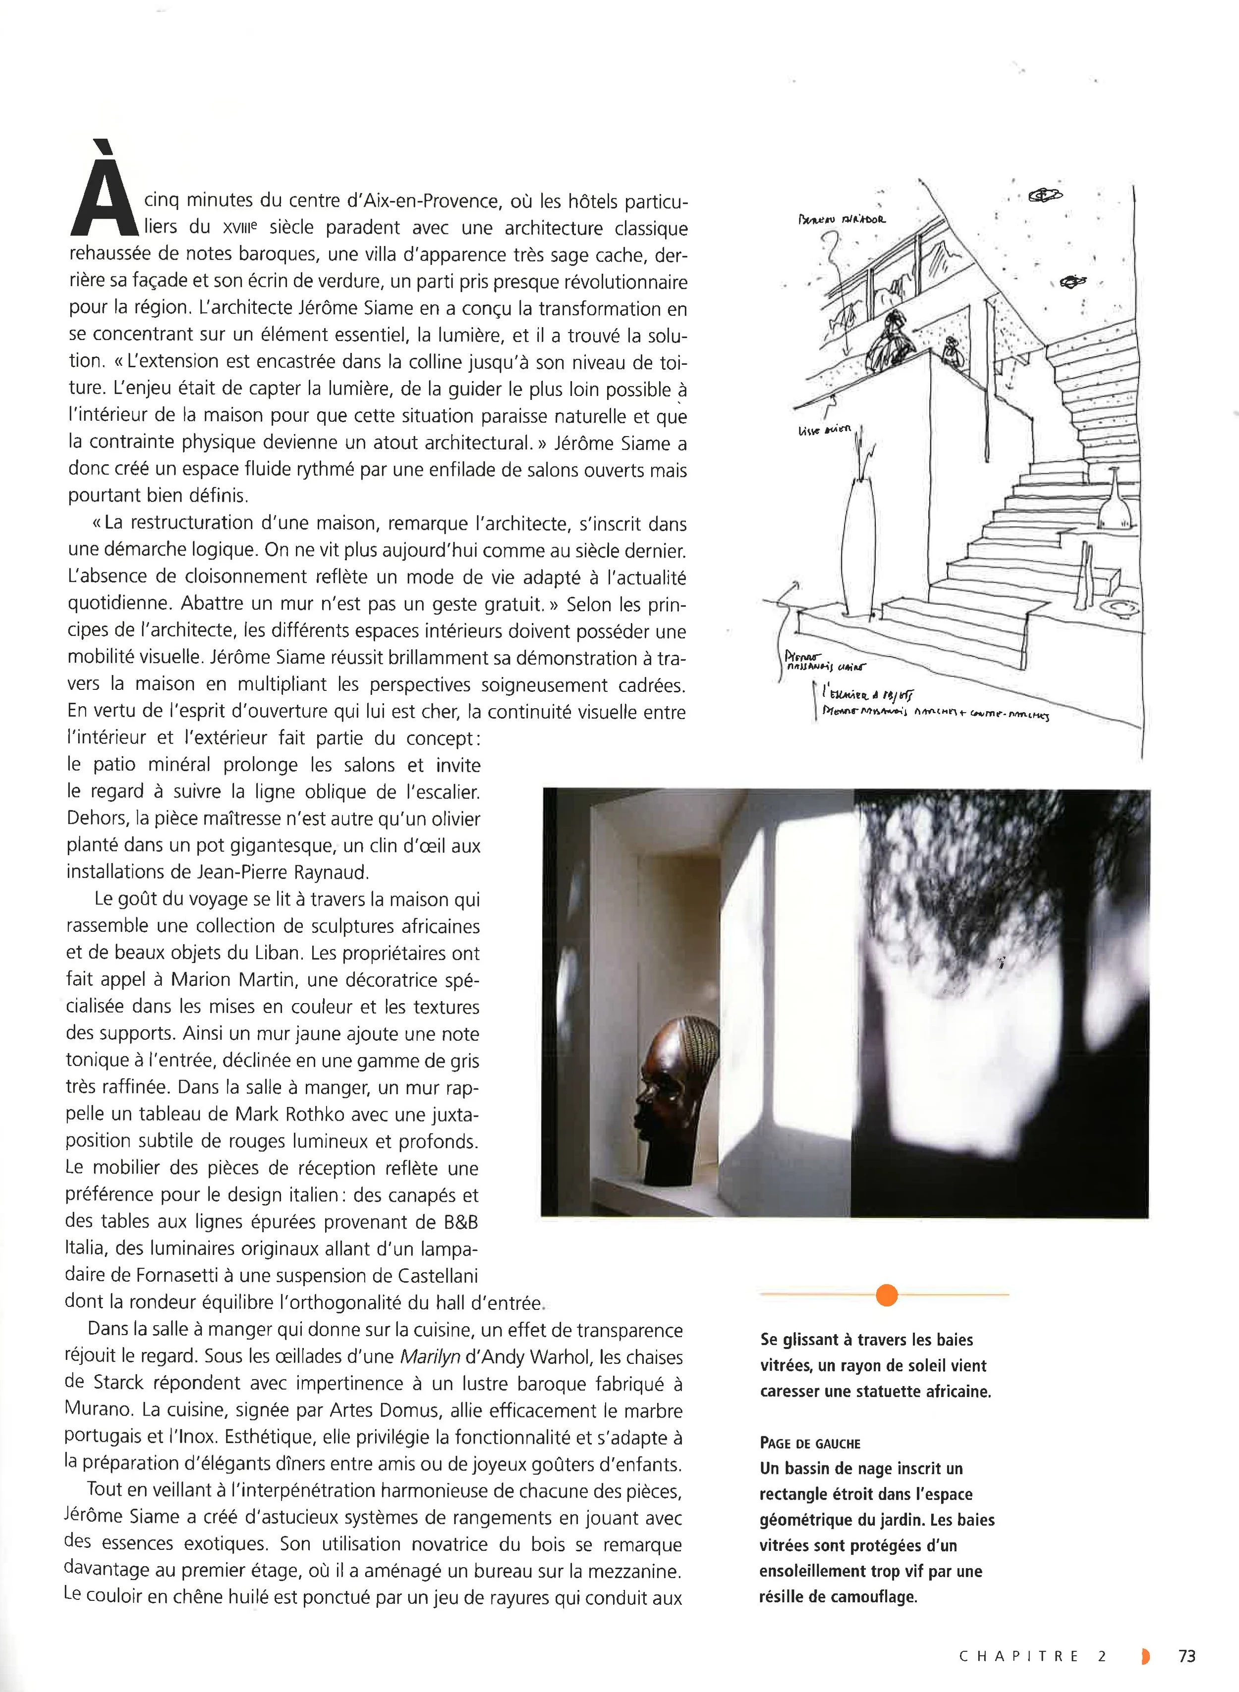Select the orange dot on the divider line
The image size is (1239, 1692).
(x=887, y=1295)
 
